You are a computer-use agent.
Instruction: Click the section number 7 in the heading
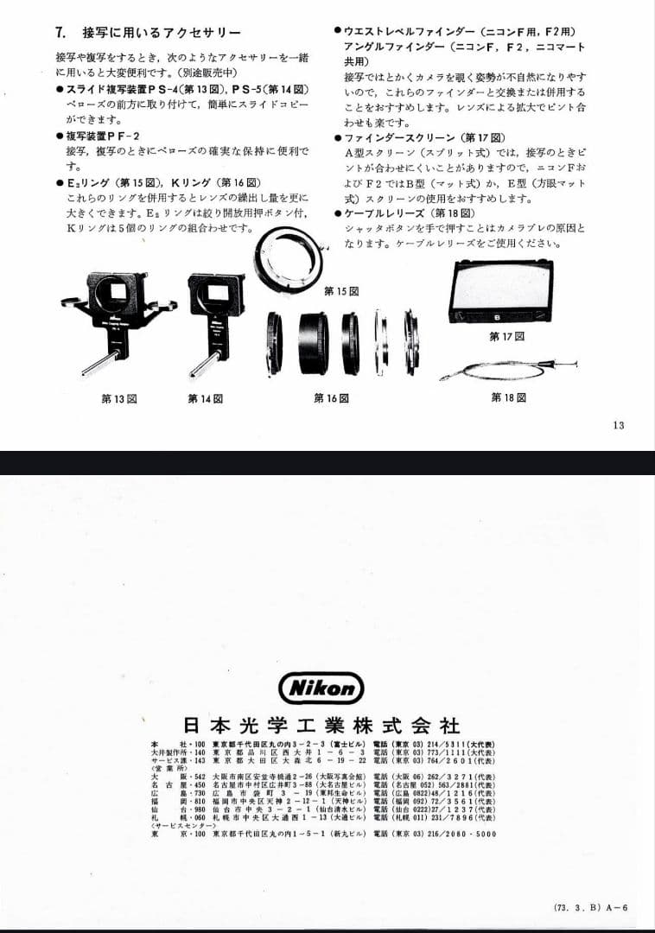point(60,33)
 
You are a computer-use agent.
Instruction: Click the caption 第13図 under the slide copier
point(119,398)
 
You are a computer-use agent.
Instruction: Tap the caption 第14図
point(206,398)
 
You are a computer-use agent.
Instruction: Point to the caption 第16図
point(331,398)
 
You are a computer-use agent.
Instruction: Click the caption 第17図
point(506,335)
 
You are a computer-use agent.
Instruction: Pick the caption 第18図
point(508,397)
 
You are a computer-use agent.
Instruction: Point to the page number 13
point(617,424)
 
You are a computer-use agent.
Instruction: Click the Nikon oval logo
point(321,688)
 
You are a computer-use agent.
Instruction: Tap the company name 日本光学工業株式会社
point(321,724)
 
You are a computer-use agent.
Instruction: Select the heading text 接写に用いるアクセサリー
point(162,33)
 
